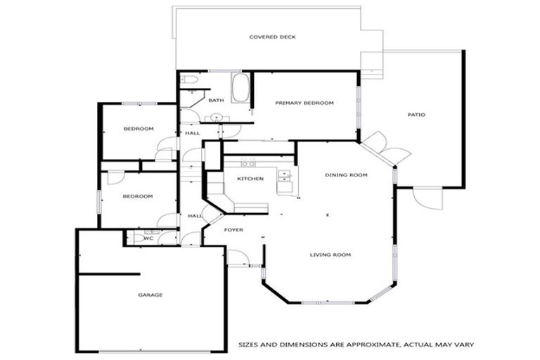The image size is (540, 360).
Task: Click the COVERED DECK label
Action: (x=269, y=37)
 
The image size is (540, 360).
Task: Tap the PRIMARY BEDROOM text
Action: (x=304, y=103)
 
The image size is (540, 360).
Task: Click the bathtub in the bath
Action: (x=240, y=89)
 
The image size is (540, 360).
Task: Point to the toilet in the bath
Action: (x=188, y=80)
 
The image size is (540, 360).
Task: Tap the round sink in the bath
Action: (x=217, y=117)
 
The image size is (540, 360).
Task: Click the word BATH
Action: (x=216, y=101)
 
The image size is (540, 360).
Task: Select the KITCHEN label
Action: (x=250, y=179)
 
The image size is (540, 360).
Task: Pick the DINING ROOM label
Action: (x=346, y=174)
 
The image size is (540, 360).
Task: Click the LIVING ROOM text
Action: (x=330, y=255)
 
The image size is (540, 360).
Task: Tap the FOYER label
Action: (x=233, y=230)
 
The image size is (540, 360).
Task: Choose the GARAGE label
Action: (x=150, y=295)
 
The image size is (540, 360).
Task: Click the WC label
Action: (x=148, y=238)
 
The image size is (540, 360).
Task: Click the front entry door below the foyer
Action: (x=238, y=259)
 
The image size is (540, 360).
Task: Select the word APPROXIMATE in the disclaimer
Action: (x=366, y=345)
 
